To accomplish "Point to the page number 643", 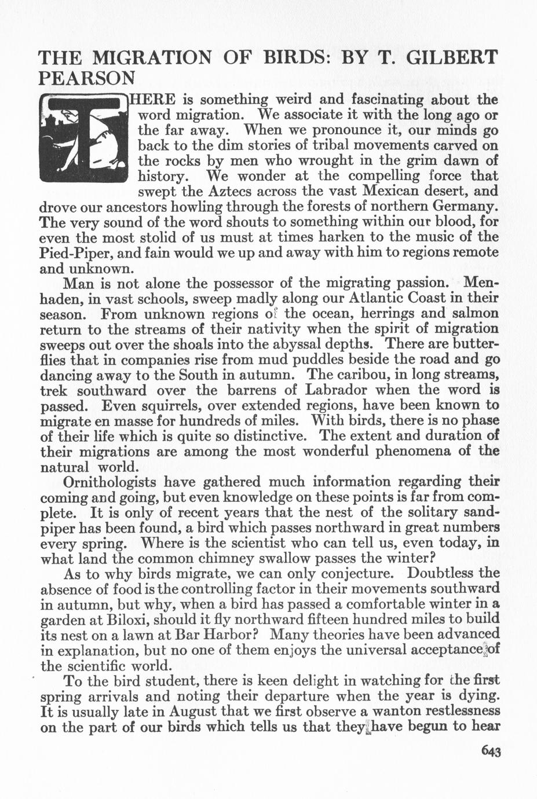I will click(x=490, y=752).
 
